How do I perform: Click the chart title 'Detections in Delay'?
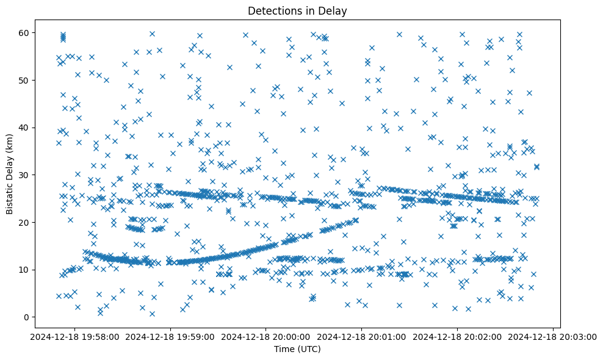pos(297,10)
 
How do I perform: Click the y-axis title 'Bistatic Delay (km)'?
pos(10,166)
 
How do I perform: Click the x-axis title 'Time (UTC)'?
pos(297,349)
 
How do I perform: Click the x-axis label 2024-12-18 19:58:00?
pos(74,336)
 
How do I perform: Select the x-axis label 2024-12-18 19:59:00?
pos(170,336)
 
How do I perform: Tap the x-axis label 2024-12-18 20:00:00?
pos(266,336)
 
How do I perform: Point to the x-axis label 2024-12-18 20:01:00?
pos(362,336)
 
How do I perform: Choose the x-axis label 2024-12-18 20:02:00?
pos(458,336)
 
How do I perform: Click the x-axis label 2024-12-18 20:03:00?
pos(553,336)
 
